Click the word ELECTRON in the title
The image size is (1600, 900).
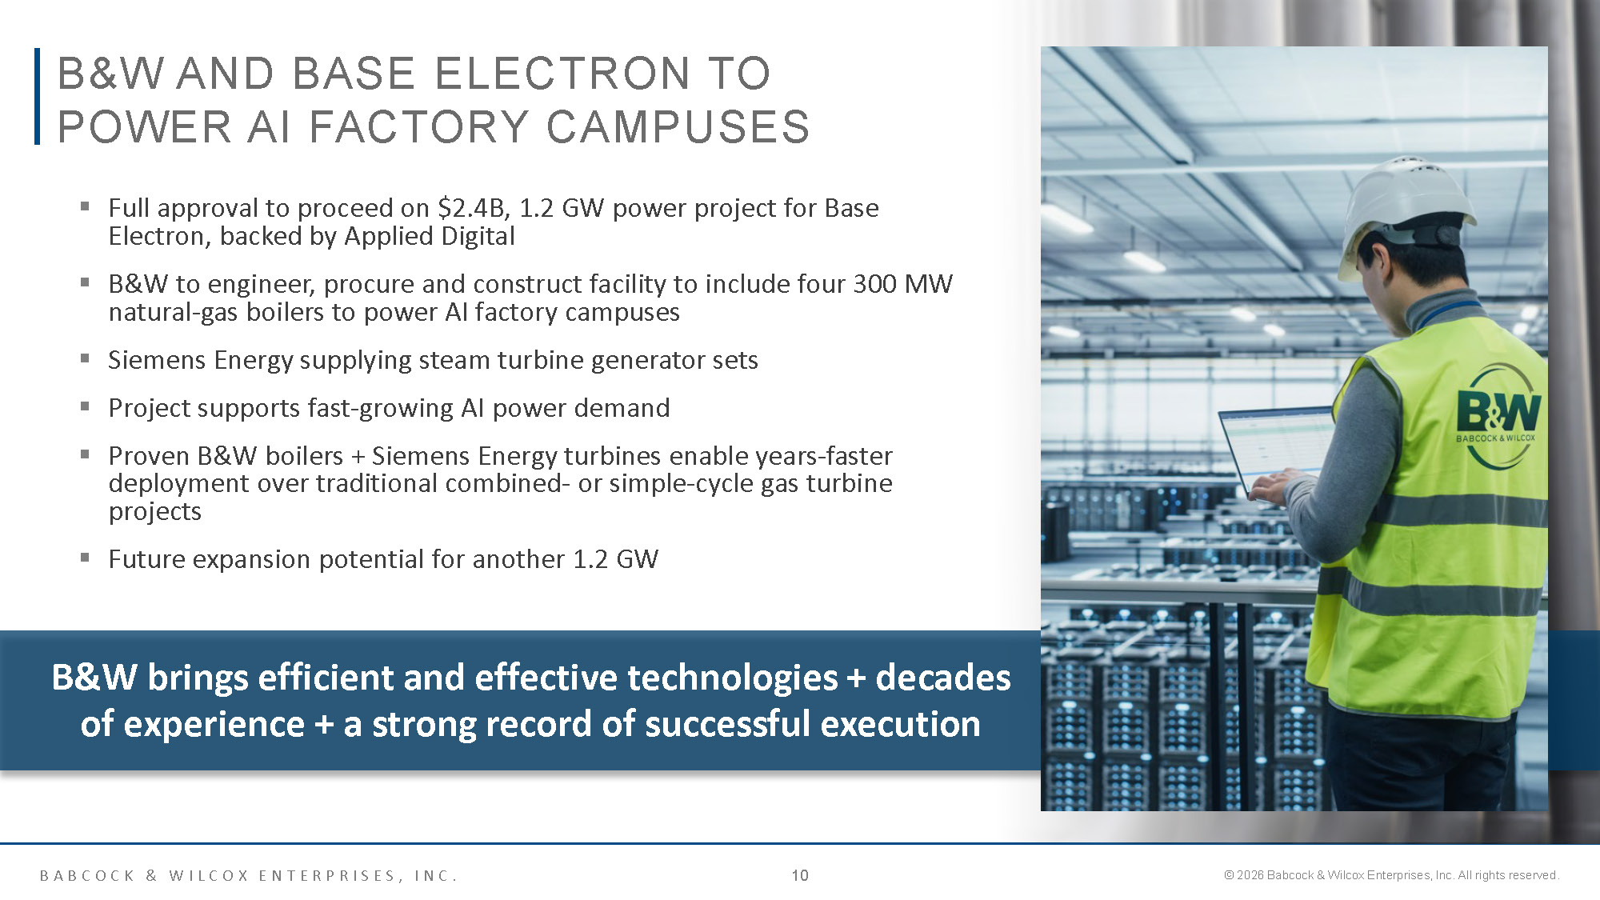click(x=563, y=74)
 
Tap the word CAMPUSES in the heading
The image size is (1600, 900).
click(x=678, y=127)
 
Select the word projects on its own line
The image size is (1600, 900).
click(x=155, y=512)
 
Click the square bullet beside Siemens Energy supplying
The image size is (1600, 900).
click(x=85, y=358)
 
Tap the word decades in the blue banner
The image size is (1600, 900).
click(x=943, y=678)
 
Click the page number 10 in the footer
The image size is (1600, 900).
click(x=800, y=875)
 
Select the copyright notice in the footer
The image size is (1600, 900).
click(x=1391, y=875)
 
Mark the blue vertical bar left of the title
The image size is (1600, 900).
click(x=37, y=96)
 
